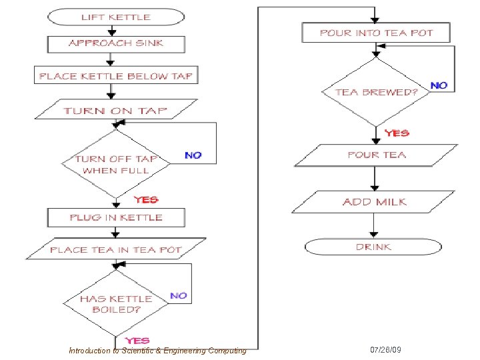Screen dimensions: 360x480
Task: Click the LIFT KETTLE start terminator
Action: pos(116,17)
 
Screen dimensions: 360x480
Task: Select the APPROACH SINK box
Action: pos(116,44)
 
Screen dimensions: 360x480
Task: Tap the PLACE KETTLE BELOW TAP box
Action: pos(116,75)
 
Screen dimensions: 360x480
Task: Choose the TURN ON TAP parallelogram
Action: pos(116,109)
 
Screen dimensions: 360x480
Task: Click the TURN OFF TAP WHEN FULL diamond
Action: pos(116,164)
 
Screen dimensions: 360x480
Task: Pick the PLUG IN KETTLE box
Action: pos(116,217)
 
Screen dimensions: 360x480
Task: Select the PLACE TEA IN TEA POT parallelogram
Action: pos(116,249)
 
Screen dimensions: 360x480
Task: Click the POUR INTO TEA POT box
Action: pos(376,33)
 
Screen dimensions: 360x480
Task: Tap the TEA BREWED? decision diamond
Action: pos(376,92)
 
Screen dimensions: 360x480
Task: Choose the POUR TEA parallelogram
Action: pos(376,155)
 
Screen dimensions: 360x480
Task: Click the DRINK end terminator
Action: pos(373,247)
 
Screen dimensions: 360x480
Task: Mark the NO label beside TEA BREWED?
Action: pos(439,85)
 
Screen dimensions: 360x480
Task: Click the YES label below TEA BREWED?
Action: pos(397,133)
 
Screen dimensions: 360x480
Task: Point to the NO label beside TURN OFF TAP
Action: pos(193,155)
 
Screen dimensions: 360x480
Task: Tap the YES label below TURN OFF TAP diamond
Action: pos(146,199)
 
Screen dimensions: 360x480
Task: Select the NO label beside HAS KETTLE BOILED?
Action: pos(179,295)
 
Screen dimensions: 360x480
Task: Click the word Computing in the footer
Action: pos(227,351)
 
